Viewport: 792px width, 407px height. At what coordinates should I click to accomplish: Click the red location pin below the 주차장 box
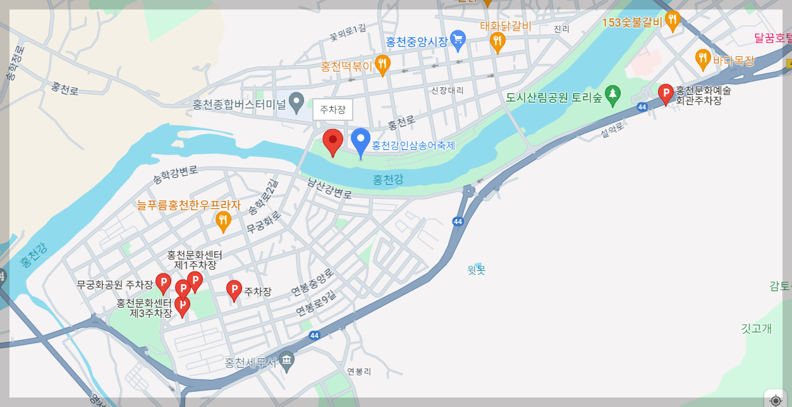pos(332,141)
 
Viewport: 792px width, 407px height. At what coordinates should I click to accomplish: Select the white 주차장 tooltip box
pos(332,110)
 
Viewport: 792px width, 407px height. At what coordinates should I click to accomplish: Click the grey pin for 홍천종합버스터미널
pos(296,101)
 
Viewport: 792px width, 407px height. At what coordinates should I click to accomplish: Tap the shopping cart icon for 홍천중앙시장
pos(458,41)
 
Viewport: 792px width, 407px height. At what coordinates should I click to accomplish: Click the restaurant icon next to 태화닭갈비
pos(497,42)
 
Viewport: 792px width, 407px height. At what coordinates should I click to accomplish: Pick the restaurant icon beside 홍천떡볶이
pos(382,65)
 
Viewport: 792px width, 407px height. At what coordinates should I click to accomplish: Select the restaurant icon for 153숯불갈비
pos(672,21)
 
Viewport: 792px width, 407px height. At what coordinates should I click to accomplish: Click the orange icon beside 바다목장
pos(702,59)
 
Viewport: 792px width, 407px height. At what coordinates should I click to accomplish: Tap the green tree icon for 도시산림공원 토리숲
pos(612,96)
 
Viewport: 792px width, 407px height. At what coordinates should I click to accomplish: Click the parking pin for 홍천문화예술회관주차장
pos(666,94)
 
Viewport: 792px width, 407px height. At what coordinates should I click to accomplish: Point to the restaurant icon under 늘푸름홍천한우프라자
pos(222,221)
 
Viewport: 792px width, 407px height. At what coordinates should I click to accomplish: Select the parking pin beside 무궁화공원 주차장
pos(163,283)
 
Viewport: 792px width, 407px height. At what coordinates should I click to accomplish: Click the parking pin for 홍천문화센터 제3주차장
pos(182,306)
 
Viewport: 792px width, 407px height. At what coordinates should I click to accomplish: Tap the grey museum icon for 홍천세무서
pos(286,361)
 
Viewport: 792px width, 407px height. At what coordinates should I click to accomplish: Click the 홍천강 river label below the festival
pos(387,180)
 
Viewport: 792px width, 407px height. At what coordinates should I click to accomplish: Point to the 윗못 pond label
pos(476,270)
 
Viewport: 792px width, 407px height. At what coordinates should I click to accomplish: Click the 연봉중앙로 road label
pos(312,282)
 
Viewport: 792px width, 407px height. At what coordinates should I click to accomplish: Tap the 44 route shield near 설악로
pos(642,107)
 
